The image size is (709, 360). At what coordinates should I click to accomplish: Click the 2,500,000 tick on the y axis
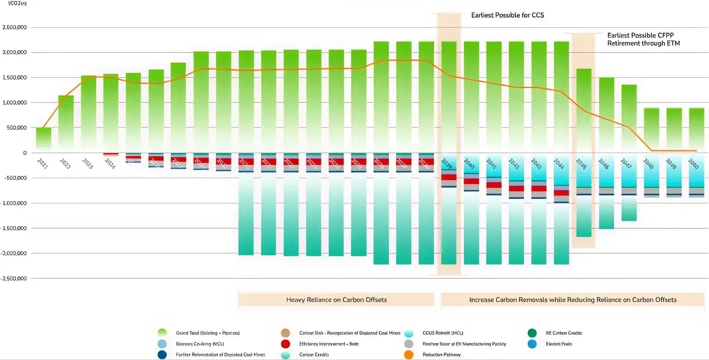[14, 28]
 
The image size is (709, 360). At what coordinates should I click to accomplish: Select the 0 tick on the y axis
[24, 153]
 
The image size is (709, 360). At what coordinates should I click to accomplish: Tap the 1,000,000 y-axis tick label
[14, 103]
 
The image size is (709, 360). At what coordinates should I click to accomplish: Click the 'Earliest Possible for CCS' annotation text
[507, 15]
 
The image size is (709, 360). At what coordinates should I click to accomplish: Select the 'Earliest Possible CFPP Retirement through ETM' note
[643, 39]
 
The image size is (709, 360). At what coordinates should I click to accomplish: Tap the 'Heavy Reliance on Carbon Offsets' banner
[336, 300]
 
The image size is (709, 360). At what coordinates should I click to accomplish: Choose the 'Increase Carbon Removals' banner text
[572, 300]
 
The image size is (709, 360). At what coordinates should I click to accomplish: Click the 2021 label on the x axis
[42, 164]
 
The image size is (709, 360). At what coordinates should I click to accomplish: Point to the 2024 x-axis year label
[110, 164]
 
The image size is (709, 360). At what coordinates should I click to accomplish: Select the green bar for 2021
[43, 138]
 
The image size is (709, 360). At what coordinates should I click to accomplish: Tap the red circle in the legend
[285, 344]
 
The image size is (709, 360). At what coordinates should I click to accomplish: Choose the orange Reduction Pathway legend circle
[409, 355]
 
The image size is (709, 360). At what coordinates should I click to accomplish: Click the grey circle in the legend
[409, 344]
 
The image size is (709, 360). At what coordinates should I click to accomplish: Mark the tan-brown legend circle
[285, 333]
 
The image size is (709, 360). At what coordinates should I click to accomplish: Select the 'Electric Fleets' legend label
[559, 344]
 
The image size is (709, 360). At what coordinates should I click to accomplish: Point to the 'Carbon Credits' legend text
[314, 355]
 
